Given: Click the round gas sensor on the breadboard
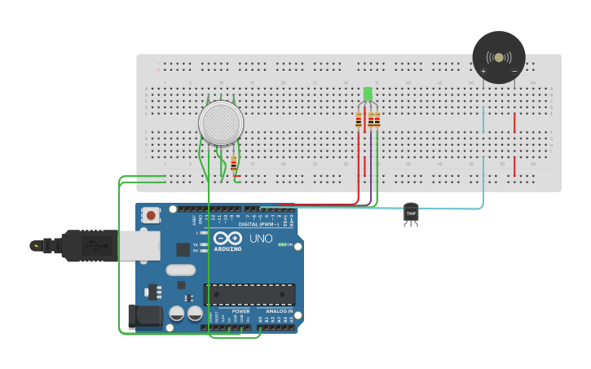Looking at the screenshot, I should coord(221,123).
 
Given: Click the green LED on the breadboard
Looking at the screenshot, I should coord(368,94).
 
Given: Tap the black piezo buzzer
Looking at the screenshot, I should coord(499,56).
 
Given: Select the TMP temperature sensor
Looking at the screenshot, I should coord(411,213).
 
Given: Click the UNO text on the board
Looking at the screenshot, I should coord(261,239).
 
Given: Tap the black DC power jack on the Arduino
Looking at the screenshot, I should coord(143,317).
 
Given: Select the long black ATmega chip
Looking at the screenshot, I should coord(249,295).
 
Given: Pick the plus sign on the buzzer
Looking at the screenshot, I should coord(483,72).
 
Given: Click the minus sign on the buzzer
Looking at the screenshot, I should coord(514,72).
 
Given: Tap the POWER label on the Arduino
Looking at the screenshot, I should coord(240,311).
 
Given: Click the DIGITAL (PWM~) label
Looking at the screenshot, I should coord(258,224).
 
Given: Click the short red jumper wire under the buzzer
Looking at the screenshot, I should coord(514,122).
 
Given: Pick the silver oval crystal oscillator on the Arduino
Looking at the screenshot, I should coord(181,270).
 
